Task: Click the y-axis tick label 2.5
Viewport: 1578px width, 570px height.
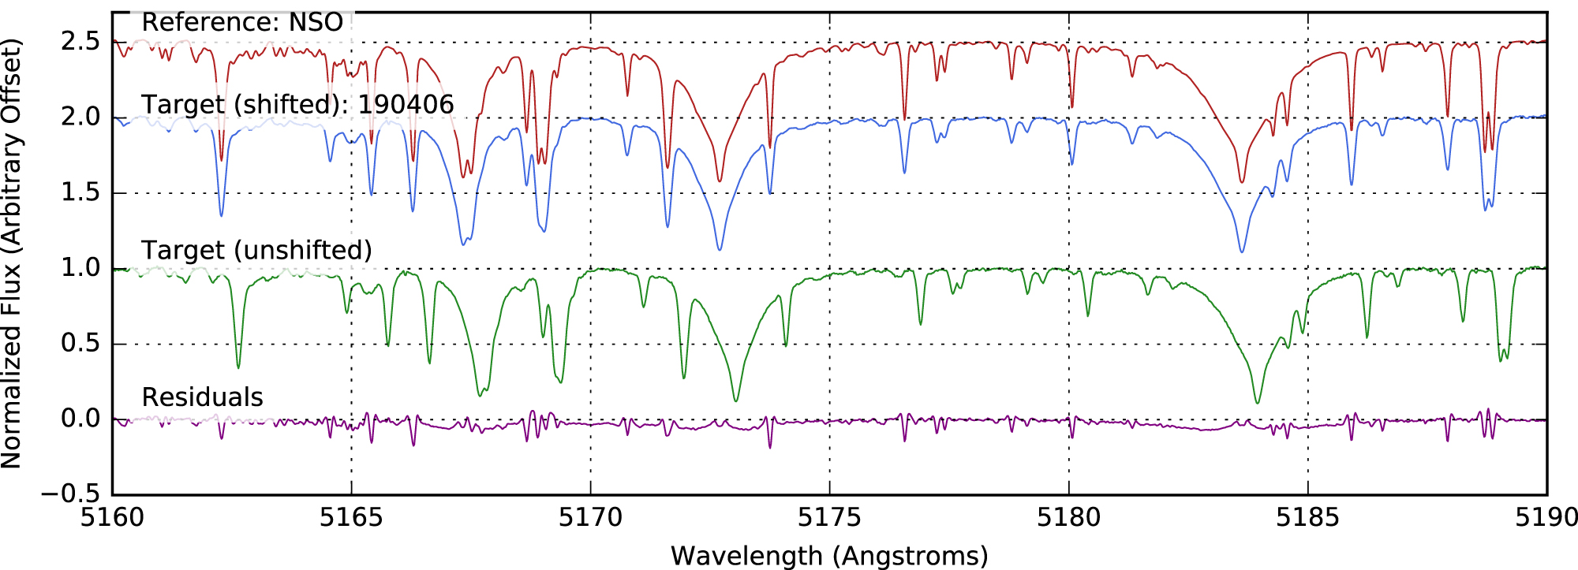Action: pyautogui.click(x=80, y=41)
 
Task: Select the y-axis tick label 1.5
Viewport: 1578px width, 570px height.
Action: pyautogui.click(x=80, y=192)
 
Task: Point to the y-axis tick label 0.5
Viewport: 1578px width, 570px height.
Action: pyautogui.click(x=80, y=344)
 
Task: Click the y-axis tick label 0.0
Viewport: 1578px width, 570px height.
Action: pyautogui.click(x=80, y=419)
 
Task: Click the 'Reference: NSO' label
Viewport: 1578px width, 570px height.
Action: pyautogui.click(x=242, y=22)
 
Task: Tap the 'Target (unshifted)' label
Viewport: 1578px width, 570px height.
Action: pyautogui.click(x=256, y=251)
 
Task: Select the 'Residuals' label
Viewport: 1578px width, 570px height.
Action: pyautogui.click(x=202, y=397)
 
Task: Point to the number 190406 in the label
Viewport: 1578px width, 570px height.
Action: pyautogui.click(x=406, y=105)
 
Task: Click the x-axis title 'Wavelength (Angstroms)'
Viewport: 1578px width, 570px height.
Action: pyautogui.click(x=829, y=556)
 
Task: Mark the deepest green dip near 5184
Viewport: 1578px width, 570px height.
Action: pyautogui.click(x=1257, y=403)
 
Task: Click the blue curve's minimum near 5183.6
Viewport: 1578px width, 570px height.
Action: pyautogui.click(x=1242, y=251)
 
